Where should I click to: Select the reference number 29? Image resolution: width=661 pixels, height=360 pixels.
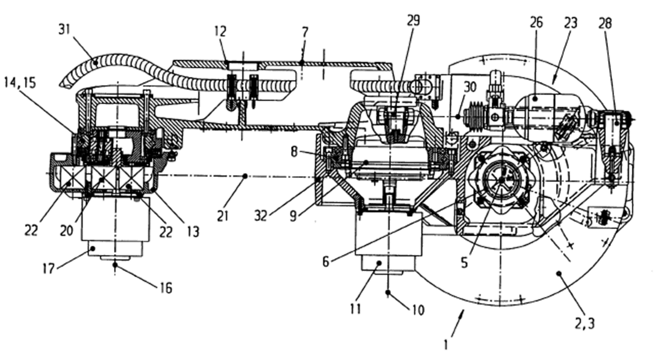413,20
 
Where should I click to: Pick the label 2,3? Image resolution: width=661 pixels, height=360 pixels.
586,324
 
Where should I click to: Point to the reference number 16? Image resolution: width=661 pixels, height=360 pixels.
166,288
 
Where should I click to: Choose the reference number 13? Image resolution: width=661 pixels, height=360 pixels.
193,232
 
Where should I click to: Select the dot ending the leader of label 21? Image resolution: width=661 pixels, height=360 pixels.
246,175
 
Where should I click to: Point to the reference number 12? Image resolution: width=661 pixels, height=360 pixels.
220,32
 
